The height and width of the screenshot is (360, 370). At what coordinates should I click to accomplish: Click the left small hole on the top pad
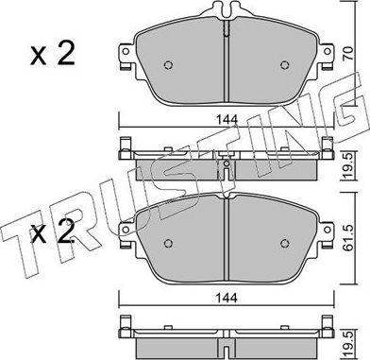169,65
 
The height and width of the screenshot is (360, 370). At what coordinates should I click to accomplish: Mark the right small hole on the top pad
284,65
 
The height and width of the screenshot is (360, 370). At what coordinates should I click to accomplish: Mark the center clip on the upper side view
227,163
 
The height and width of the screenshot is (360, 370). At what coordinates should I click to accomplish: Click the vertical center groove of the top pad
227,71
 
